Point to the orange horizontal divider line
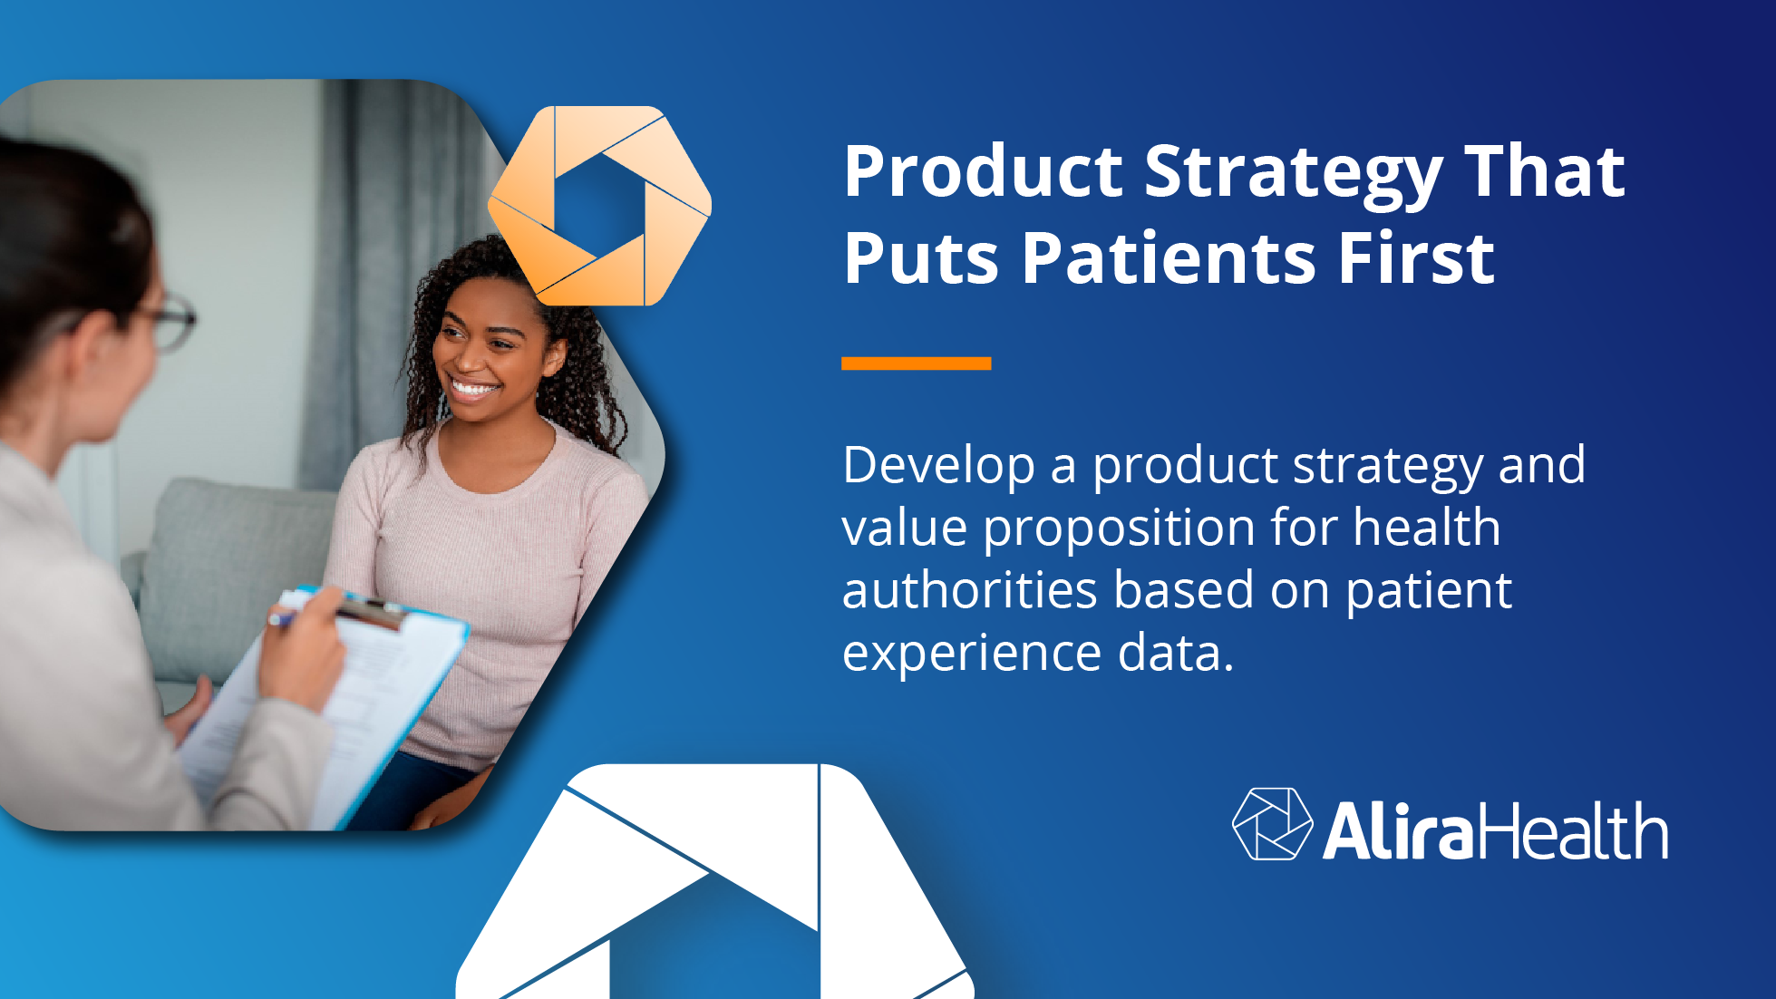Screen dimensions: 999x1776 (916, 363)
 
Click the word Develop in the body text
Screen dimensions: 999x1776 (938, 467)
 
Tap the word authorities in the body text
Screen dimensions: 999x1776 (970, 591)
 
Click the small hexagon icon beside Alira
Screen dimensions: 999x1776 (1271, 824)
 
